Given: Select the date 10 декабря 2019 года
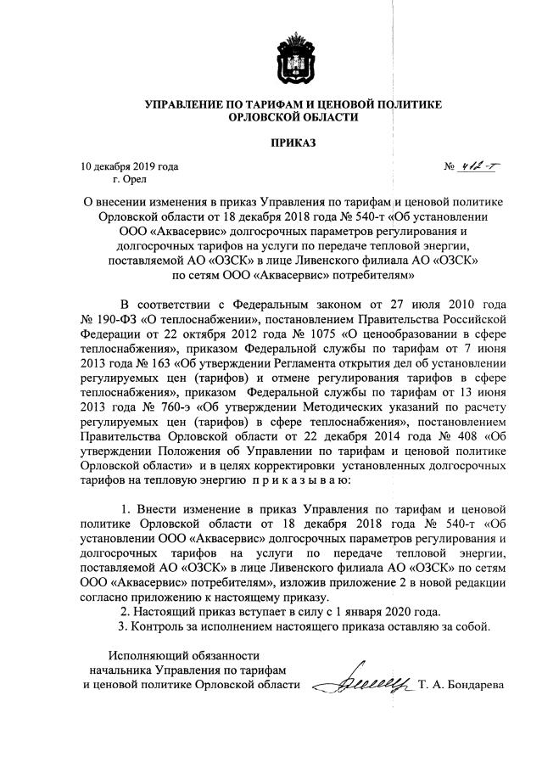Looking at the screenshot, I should point(130,167).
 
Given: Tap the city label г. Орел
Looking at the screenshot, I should point(130,180).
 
